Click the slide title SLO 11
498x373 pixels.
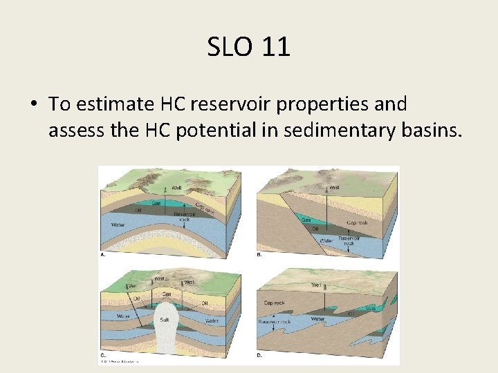click(248, 47)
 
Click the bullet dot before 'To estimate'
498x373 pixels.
click(33, 105)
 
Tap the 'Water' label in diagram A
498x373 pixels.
click(118, 225)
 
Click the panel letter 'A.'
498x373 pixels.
click(102, 256)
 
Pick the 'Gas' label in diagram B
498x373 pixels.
click(305, 220)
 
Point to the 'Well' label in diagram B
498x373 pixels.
click(334, 188)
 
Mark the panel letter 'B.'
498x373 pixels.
click(259, 256)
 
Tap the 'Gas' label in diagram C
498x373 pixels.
click(166, 293)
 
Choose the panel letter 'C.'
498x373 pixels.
click(102, 356)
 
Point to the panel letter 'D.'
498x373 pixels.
click(259, 356)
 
